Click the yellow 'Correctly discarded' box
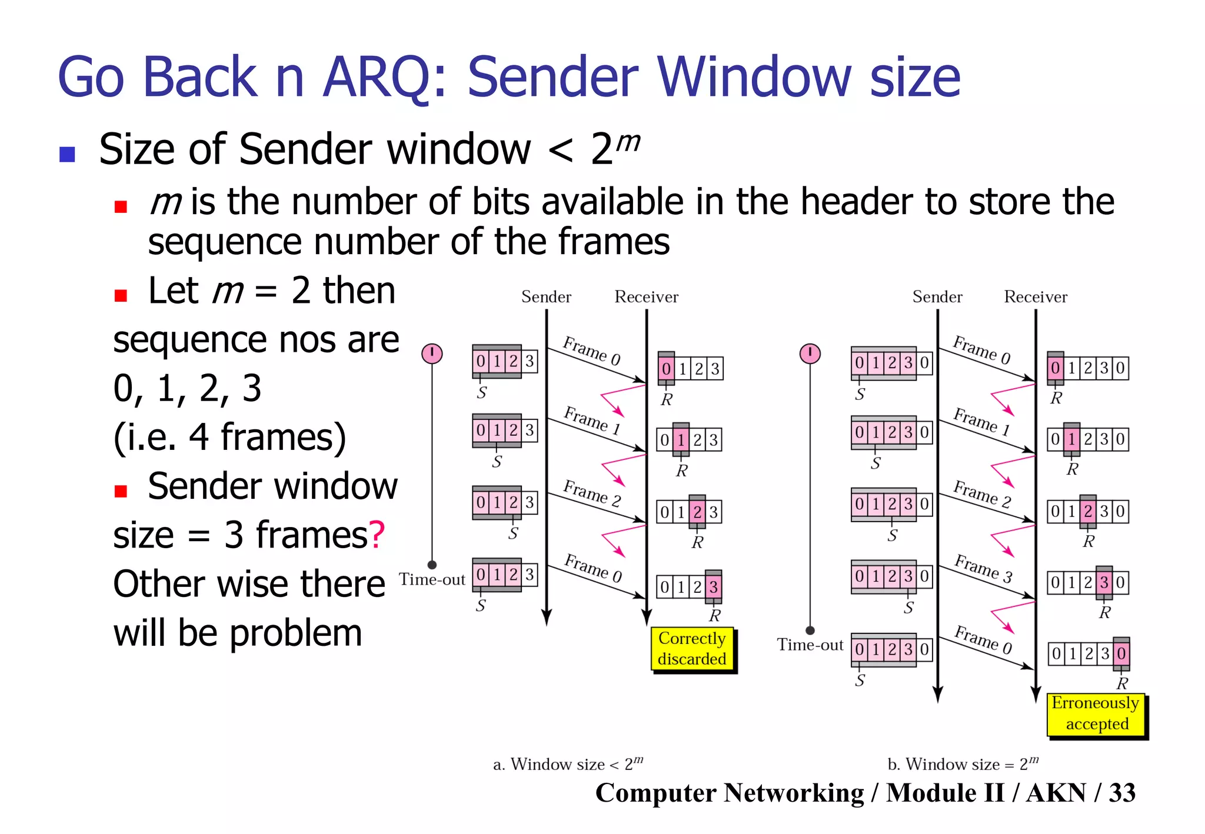click(x=692, y=649)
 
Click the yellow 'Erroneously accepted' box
click(x=1096, y=714)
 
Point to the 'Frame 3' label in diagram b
click(x=983, y=569)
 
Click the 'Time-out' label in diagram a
click(x=432, y=580)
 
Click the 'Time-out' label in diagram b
click(x=810, y=645)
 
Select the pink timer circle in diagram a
click(x=432, y=353)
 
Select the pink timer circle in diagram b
click(x=810, y=353)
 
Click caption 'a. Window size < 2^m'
click(x=568, y=764)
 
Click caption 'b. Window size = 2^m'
click(x=963, y=764)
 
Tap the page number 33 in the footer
click(x=1122, y=793)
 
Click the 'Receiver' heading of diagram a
click(x=646, y=297)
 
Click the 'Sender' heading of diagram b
click(x=937, y=297)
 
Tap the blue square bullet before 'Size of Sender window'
click(x=67, y=154)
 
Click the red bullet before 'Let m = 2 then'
click(x=121, y=295)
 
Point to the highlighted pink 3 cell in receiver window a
click(x=713, y=586)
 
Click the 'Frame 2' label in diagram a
click(x=591, y=493)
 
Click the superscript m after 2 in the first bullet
click(x=628, y=142)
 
